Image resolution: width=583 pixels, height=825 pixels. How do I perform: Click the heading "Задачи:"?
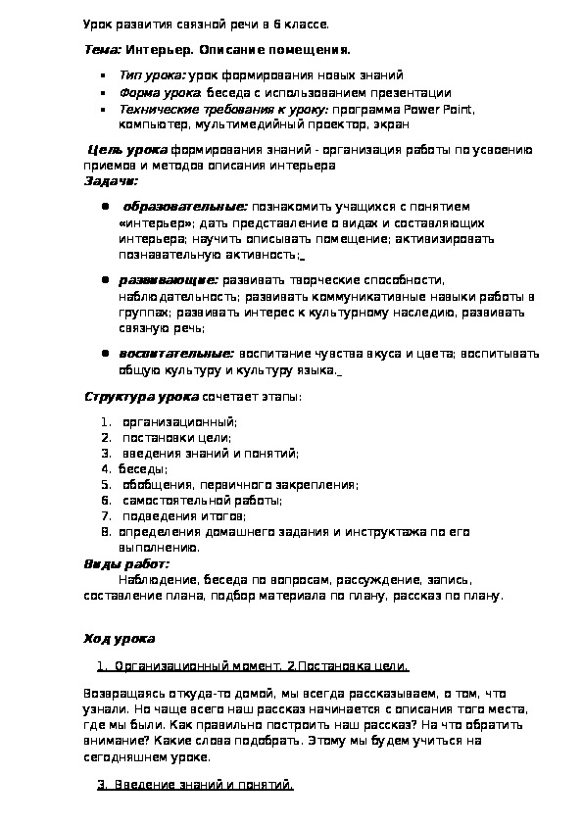(111, 180)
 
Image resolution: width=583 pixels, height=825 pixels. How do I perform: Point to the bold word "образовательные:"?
(185, 207)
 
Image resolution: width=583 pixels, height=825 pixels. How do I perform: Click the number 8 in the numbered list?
(104, 531)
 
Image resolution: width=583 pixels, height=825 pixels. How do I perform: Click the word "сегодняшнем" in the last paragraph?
(129, 757)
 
